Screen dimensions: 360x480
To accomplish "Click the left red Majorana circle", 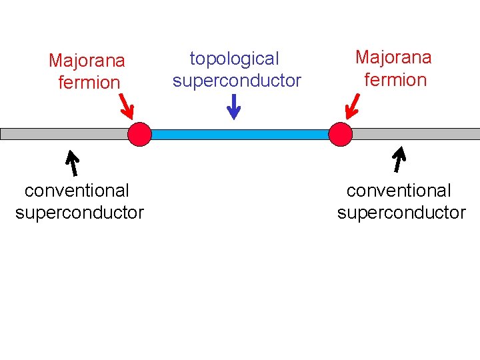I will tap(140, 134).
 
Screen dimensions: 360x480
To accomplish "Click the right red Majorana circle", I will tap(340, 134).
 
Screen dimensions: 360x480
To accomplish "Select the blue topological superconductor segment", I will tap(240, 134).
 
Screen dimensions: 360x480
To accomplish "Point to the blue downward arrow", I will tap(233, 106).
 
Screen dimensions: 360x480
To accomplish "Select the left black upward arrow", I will tap(71, 164).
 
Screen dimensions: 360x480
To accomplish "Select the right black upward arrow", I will tap(399, 161).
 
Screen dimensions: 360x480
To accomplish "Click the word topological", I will tap(234, 59).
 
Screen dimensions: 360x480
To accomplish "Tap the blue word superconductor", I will tap(237, 81).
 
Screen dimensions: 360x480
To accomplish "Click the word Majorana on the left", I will tap(87, 61).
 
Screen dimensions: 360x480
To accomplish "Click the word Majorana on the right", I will tap(393, 57).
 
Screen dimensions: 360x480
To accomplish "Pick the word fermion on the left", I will tap(89, 83).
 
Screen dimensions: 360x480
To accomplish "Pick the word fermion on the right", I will tap(395, 80).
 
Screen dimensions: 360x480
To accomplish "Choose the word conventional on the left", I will tap(77, 191).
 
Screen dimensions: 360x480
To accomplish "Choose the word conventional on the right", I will tap(399, 191).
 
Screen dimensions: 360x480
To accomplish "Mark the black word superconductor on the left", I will tap(79, 213).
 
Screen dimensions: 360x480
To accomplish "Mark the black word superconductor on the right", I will tap(401, 213).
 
